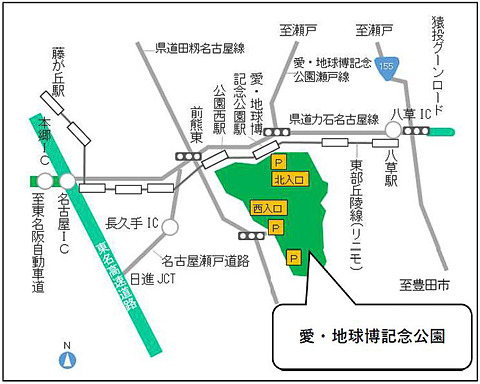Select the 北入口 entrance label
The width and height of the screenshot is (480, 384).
[286, 179]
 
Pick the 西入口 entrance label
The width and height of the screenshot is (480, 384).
[268, 209]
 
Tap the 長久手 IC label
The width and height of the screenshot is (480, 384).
[133, 221]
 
